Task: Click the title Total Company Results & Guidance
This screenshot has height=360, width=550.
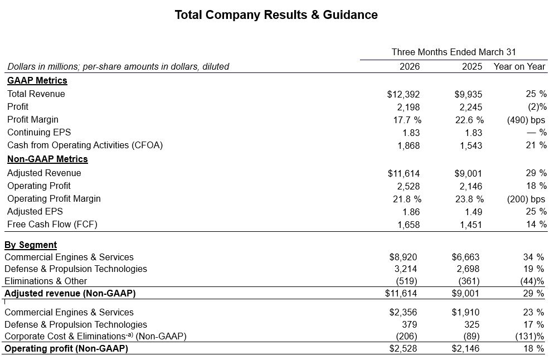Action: pos(276,15)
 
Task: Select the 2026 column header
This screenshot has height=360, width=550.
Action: pos(410,66)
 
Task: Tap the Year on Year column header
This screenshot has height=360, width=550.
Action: pos(519,66)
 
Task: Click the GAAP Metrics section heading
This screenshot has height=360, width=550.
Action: pos(37,81)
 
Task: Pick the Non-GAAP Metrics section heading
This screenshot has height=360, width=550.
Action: pos(47,159)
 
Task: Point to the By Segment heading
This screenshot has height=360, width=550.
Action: pos(31,245)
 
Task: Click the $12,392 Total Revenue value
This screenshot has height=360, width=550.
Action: pos(403,94)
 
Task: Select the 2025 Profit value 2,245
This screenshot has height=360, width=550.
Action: pos(472,107)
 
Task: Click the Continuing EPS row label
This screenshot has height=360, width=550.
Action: pos(39,133)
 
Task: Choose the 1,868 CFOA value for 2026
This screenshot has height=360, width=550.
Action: pos(408,145)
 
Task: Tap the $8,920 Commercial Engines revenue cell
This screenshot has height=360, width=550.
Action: pos(403,257)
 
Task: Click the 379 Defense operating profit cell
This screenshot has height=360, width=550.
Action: pos(409,324)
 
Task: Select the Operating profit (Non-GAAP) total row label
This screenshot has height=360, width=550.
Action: pos(66,349)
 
